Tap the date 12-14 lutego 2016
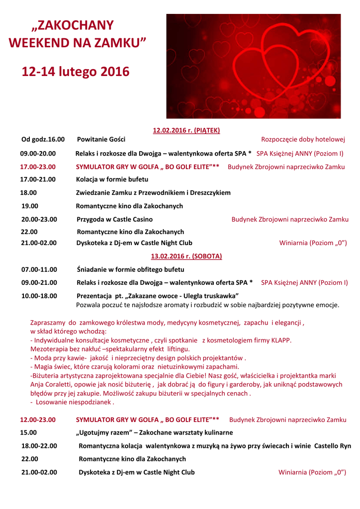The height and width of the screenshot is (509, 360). tap(75, 72)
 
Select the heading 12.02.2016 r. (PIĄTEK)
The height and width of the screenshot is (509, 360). tap(186, 130)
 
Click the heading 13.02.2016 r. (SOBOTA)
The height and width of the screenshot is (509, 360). tap(186, 256)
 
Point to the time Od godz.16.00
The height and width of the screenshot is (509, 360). tap(43, 139)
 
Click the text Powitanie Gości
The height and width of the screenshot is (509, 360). tap(101, 139)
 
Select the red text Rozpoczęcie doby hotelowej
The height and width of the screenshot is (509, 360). tap(303, 139)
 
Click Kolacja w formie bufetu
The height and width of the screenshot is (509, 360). tap(112, 179)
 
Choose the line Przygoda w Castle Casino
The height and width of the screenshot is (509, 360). tap(115, 219)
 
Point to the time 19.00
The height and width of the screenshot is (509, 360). tap(29, 206)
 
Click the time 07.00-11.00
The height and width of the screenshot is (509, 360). tap(39, 269)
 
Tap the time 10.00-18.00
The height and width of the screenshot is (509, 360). tap(39, 296)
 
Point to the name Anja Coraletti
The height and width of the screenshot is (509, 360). tap(52, 385)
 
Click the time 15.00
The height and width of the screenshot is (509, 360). tap(28, 432)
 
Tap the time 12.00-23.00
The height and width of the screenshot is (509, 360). tap(38, 420)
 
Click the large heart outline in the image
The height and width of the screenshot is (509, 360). tap(293, 60)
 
